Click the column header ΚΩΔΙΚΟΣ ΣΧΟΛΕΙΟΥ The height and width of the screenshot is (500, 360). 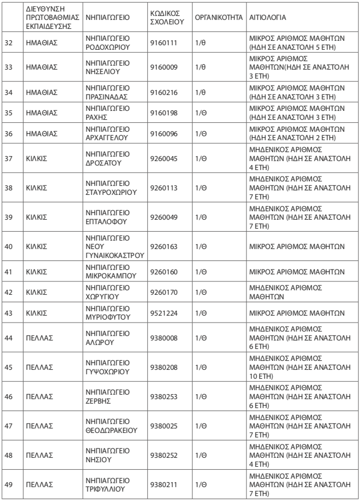pyautogui.click(x=166, y=17)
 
